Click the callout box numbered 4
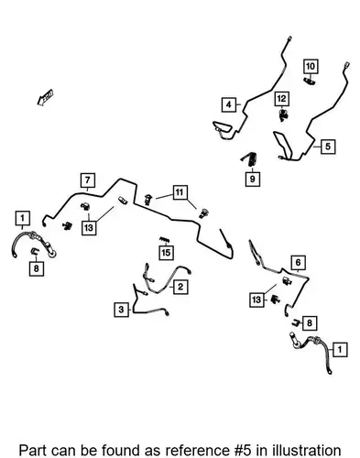(229, 104)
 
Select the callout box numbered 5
(328, 147)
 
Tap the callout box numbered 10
(311, 66)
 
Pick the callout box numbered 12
(281, 99)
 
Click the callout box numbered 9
(253, 179)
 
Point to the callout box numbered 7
(88, 180)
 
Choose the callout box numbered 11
(180, 192)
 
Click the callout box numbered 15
(166, 253)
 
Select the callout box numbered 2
(180, 287)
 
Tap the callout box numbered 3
(121, 310)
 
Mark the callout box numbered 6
(298, 262)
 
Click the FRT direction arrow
(45, 97)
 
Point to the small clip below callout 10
(310, 82)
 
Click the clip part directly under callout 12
(284, 114)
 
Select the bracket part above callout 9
(249, 158)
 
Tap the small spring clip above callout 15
(164, 240)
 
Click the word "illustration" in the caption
(307, 451)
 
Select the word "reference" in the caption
(196, 451)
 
